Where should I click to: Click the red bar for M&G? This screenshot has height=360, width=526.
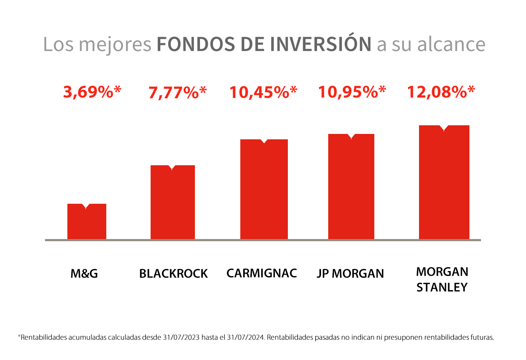point(87,221)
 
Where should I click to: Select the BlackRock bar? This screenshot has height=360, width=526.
point(173,202)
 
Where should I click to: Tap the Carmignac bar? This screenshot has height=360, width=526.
point(264,189)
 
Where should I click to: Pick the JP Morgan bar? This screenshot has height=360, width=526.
point(351,186)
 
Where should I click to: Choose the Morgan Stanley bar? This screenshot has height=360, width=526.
point(444,182)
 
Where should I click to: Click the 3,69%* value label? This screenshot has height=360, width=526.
point(92,92)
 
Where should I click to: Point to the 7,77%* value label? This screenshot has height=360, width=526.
point(178,93)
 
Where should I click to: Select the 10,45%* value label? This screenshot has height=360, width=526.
point(263,92)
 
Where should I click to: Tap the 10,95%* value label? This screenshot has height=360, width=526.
point(352,92)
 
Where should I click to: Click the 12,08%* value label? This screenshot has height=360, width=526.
point(441,92)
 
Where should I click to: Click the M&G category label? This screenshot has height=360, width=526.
point(84,274)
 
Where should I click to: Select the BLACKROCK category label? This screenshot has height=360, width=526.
point(173,274)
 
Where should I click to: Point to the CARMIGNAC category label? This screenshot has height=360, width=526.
point(262,273)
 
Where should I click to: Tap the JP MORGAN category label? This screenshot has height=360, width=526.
point(350,274)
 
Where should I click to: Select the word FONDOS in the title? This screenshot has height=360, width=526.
point(196,44)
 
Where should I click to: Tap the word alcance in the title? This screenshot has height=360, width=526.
point(451,44)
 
